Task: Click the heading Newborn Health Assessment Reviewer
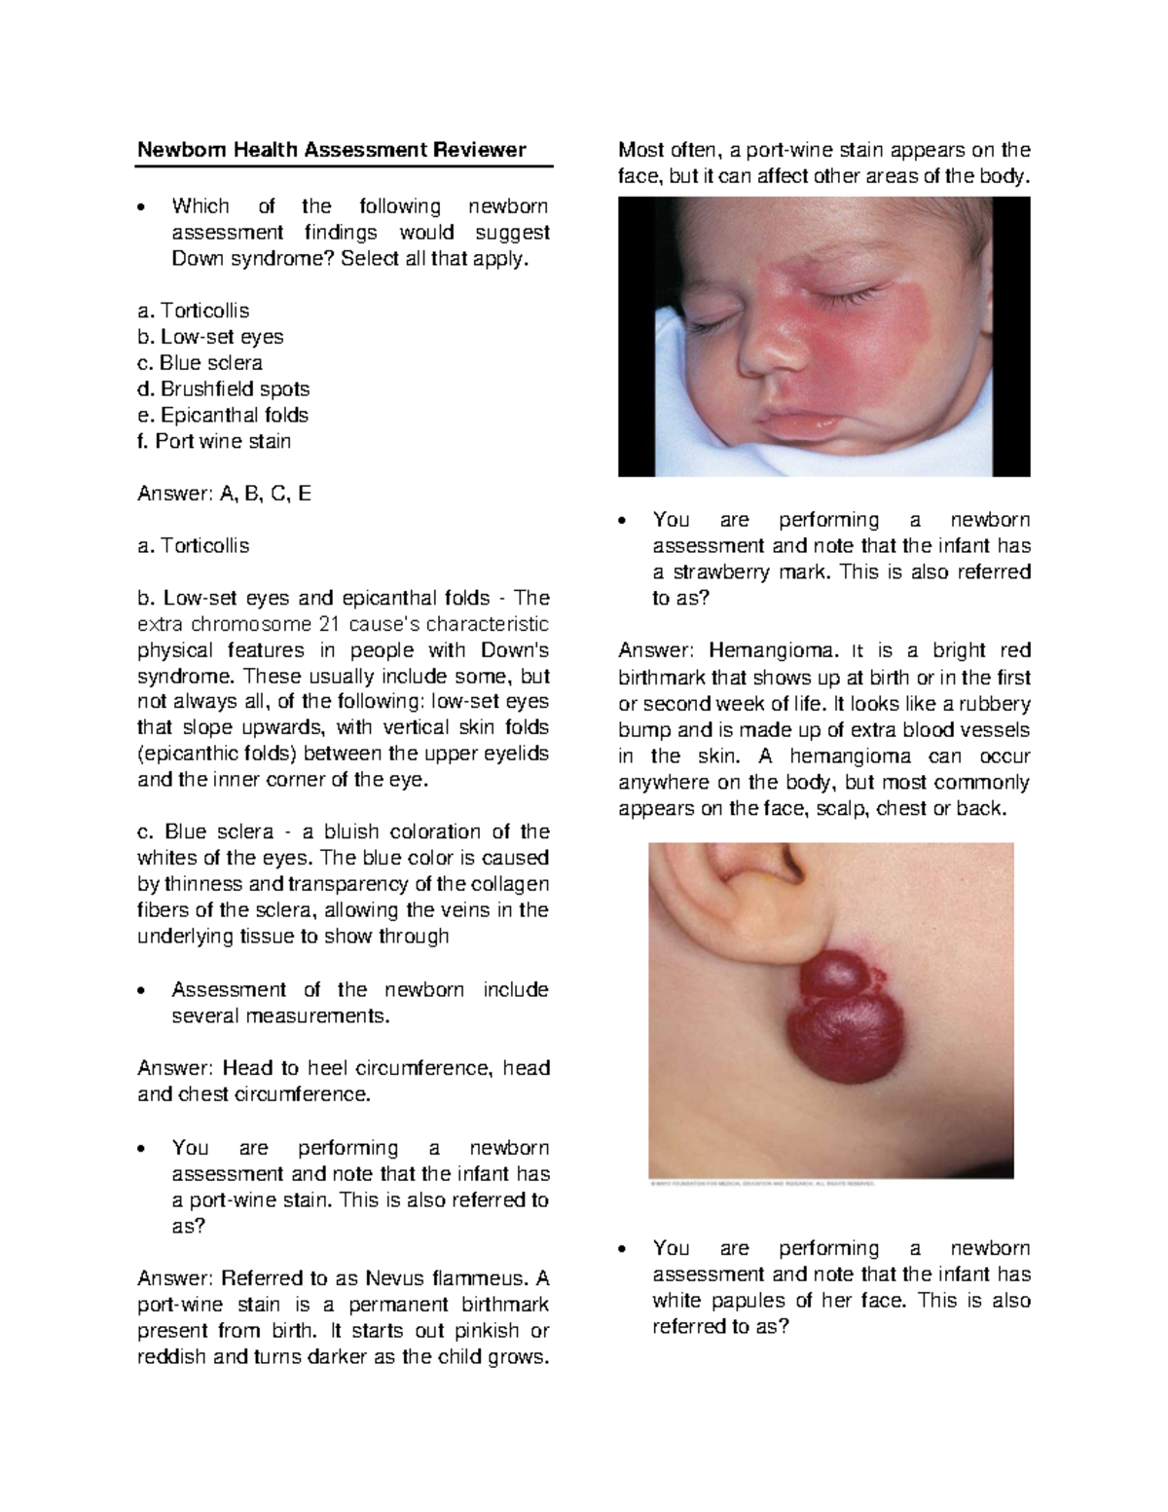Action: click(331, 150)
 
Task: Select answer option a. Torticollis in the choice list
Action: click(194, 311)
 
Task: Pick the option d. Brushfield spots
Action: click(223, 389)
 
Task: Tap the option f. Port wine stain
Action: click(214, 442)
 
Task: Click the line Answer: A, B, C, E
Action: click(224, 494)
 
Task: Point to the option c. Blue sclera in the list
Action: click(200, 363)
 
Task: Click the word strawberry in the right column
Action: click(718, 572)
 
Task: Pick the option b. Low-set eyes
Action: click(210, 337)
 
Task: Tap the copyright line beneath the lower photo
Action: click(761, 1184)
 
